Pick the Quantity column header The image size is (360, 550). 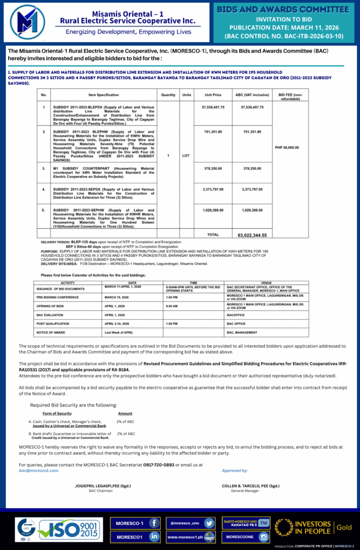(168, 95)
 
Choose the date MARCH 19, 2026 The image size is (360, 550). (117, 296)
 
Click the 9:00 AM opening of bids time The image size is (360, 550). (171, 306)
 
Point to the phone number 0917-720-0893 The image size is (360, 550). (159, 465)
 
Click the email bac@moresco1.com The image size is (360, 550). (39, 470)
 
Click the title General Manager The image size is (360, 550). (245, 490)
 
